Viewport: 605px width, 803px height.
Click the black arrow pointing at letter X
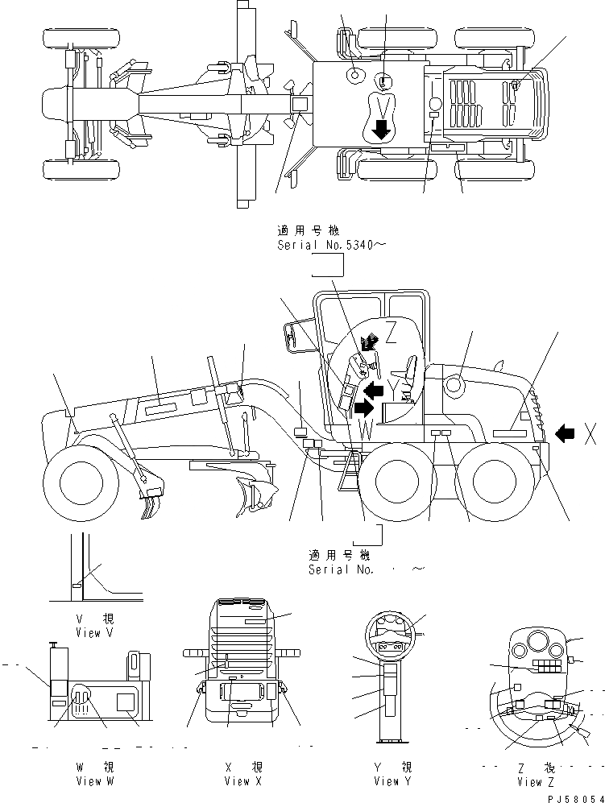pyautogui.click(x=566, y=433)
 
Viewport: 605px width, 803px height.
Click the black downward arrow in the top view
pyautogui.click(x=381, y=127)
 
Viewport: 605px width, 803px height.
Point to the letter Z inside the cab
pyautogui.click(x=391, y=329)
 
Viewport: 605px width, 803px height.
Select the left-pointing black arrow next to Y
pyautogui.click(x=372, y=391)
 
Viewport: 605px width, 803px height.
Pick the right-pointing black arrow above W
pyautogui.click(x=364, y=408)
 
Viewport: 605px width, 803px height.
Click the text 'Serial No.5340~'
pyautogui.click(x=325, y=245)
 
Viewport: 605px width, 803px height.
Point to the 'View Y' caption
pyautogui.click(x=392, y=780)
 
